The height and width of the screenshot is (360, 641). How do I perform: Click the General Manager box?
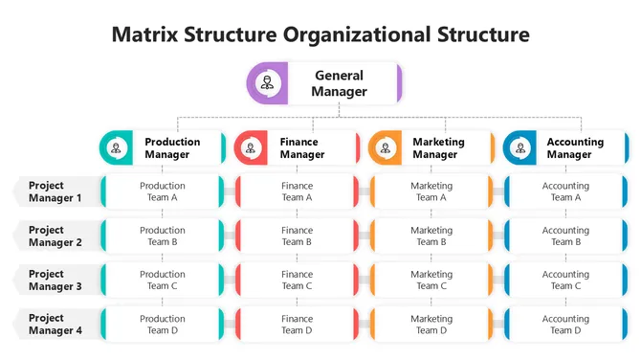[325, 83]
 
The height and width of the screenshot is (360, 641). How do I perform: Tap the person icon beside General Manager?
[267, 83]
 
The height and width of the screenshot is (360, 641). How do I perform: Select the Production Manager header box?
[163, 147]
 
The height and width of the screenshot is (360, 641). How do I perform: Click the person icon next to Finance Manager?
[251, 148]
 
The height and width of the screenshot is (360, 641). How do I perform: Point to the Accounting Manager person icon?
[520, 148]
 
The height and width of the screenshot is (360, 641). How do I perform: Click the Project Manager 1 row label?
[54, 191]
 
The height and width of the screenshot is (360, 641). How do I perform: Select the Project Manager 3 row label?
[54, 280]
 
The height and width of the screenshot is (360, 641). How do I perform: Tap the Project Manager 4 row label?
[54, 324]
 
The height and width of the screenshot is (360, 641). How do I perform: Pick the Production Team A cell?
[163, 191]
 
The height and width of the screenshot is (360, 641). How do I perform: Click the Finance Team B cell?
[297, 236]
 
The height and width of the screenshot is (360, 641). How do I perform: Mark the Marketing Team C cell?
[431, 280]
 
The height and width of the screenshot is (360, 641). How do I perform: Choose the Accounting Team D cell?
[565, 324]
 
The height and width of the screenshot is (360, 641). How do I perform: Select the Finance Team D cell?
[297, 324]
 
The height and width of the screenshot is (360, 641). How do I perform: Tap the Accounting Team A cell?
[565, 191]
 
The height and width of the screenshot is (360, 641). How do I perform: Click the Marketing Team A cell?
[431, 191]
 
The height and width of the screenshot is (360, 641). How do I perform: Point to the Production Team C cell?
[163, 280]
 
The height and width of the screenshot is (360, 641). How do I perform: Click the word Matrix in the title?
[144, 35]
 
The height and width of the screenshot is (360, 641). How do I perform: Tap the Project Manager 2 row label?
[54, 236]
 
